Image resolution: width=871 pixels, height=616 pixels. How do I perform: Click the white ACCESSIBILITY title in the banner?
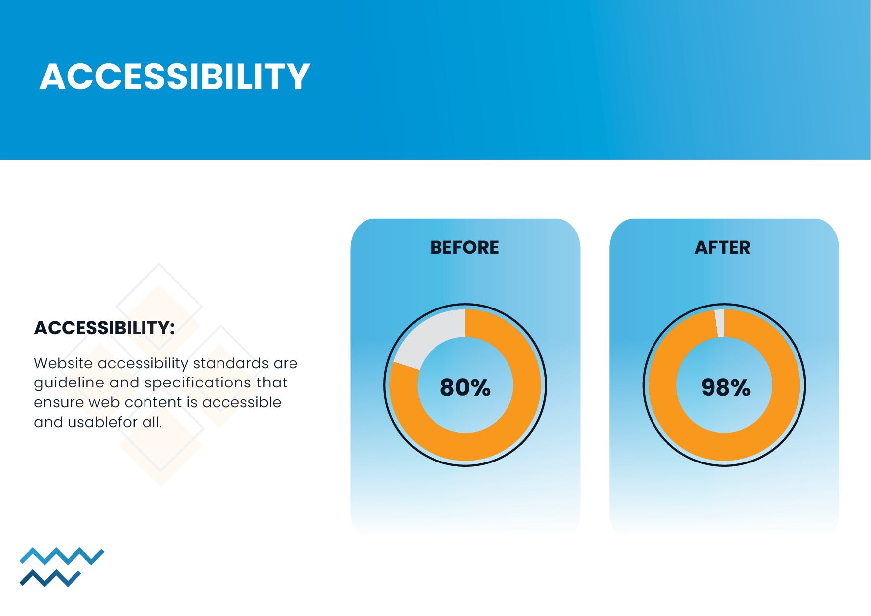coord(175,77)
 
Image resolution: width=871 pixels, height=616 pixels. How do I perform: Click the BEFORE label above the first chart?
coord(464,247)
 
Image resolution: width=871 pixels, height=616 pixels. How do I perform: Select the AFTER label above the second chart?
coord(723,247)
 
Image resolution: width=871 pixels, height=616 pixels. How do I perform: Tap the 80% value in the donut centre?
coord(465,387)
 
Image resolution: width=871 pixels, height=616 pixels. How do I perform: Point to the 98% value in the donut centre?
coord(726,387)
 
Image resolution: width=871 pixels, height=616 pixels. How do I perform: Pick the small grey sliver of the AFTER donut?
coord(720,323)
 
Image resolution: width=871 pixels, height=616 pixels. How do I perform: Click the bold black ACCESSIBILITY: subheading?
coord(104,328)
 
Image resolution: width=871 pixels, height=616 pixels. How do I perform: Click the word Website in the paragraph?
coord(64,363)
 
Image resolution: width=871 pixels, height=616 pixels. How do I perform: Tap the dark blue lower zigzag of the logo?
coord(50,578)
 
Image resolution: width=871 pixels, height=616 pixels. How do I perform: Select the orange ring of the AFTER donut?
coord(725,447)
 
